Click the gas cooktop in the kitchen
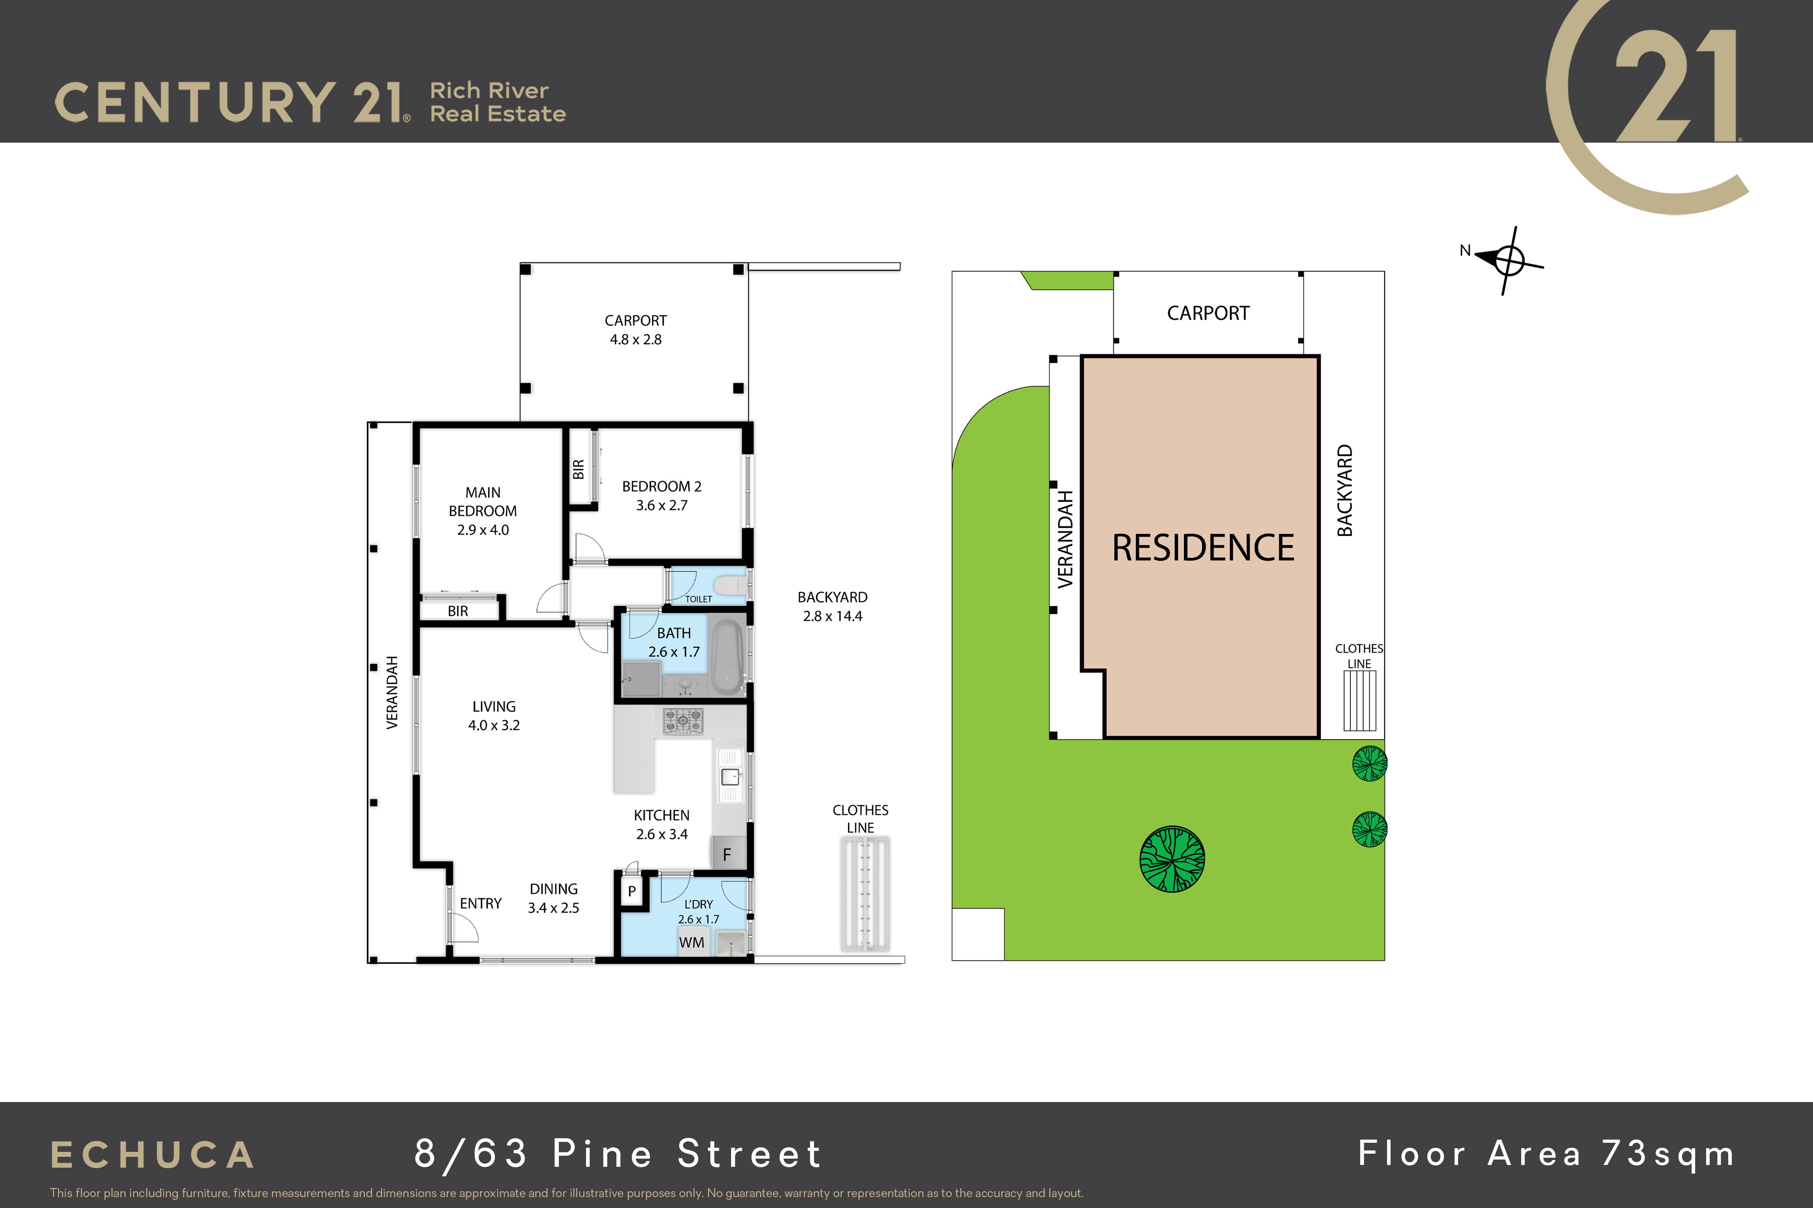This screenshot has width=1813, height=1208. (x=683, y=721)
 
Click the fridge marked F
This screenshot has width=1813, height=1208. (x=727, y=854)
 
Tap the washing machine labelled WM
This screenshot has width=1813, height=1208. (x=692, y=942)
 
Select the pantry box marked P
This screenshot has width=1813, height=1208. (x=631, y=891)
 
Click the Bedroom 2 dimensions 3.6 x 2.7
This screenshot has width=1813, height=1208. (x=661, y=505)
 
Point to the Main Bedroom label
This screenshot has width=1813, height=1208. (x=483, y=501)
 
